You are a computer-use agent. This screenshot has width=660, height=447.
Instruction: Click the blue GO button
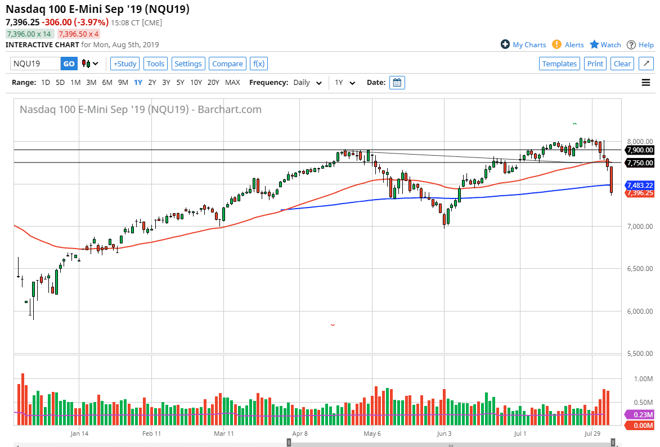click(69, 64)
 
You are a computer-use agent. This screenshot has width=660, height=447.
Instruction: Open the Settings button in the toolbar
click(188, 64)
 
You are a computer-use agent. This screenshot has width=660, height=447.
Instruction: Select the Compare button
click(227, 64)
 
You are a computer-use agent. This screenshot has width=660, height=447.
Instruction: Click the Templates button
click(559, 64)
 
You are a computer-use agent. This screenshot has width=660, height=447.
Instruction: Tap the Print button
click(595, 64)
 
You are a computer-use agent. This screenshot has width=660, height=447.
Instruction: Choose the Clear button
click(622, 64)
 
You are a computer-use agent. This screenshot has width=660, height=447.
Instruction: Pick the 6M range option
click(107, 83)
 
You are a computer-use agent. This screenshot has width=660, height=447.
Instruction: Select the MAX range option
click(232, 83)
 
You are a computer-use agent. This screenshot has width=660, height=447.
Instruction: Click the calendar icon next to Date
click(397, 83)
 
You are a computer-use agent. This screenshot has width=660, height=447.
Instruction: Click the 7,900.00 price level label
click(640, 150)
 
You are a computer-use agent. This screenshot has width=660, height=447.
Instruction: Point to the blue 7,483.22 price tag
click(640, 185)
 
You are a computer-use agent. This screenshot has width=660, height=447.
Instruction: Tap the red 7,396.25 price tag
click(640, 193)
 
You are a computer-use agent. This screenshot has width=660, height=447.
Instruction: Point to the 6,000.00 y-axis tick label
click(640, 311)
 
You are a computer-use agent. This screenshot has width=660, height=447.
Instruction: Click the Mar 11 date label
click(224, 434)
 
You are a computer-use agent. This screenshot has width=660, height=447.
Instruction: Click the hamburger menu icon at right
click(646, 83)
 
